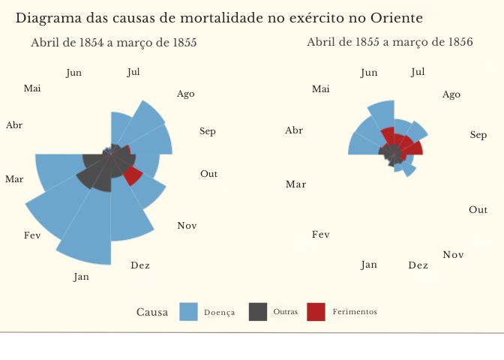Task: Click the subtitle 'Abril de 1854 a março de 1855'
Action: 114,43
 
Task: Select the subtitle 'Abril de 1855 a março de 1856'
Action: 390,42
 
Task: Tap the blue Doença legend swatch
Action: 189,312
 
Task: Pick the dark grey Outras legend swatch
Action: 258,312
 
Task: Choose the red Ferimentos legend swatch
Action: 316,312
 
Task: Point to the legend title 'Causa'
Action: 152,312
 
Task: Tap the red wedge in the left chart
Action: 133,175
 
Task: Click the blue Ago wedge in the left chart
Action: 146,120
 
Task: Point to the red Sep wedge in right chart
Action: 415,148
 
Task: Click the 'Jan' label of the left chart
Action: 81,277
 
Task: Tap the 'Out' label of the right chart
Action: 478,210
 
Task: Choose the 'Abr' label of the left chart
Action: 14,125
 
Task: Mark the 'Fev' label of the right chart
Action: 320,235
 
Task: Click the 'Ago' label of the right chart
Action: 451,94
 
